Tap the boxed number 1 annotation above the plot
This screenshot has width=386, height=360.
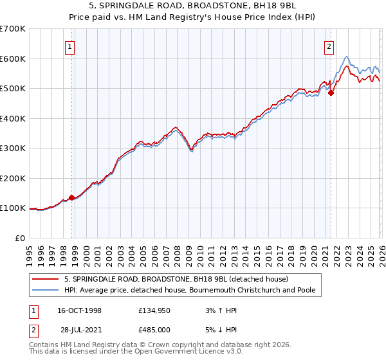[x=69, y=46]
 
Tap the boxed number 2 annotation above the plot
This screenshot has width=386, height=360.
[x=329, y=46]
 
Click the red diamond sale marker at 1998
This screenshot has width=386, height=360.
[x=72, y=197]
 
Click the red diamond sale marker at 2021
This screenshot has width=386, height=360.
[x=331, y=93]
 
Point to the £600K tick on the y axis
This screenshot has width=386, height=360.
[x=13, y=59]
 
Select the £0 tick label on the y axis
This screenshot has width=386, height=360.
[x=19, y=238]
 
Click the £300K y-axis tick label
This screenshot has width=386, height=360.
[x=13, y=148]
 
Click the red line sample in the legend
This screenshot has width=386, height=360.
[x=46, y=279]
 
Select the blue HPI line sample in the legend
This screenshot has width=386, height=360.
[x=46, y=290]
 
